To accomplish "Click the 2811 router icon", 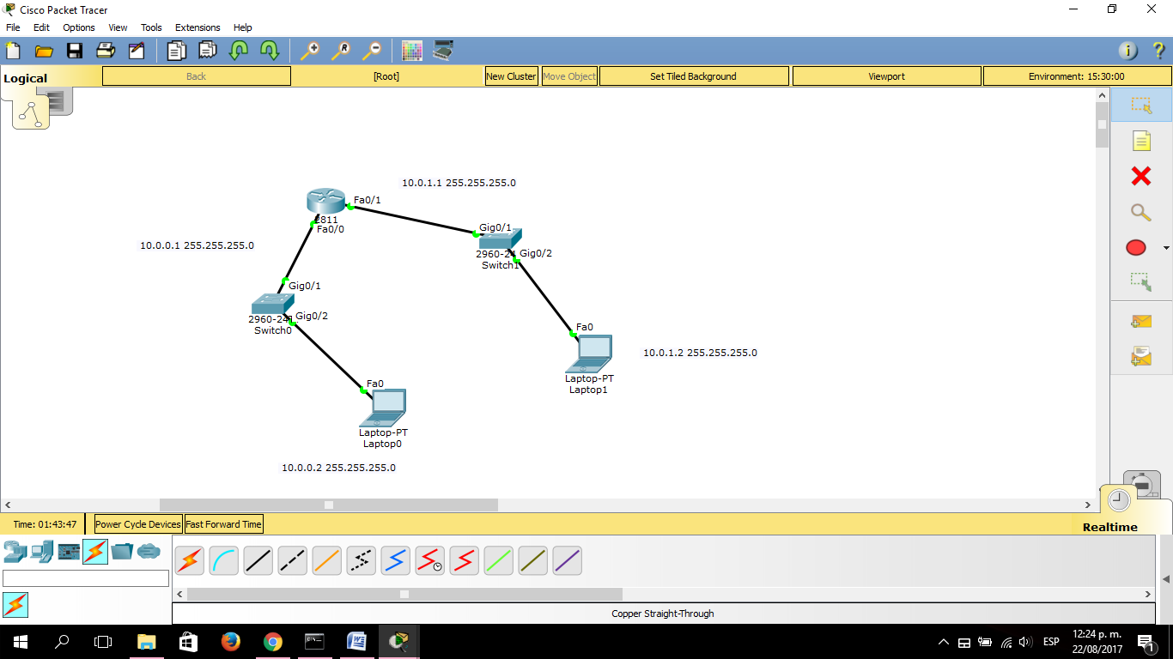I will tap(325, 202).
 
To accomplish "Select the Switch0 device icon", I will tap(272, 304).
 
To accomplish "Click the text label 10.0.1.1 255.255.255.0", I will tap(459, 183).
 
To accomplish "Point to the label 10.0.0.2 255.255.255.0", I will tap(338, 468).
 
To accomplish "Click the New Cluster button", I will tap(511, 76).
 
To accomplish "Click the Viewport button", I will tap(886, 76).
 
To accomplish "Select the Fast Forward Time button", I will tap(223, 524).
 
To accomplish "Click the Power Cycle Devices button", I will tap(138, 524).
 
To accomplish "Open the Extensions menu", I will tap(198, 27).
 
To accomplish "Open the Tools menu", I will tap(151, 27).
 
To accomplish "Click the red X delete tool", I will tap(1140, 176).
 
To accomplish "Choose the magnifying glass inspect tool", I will tap(1140, 213).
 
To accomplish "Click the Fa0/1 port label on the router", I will tap(367, 200).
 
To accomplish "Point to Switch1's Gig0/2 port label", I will tap(536, 253).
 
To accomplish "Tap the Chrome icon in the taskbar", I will tap(272, 641).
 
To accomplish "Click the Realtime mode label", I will tap(1109, 527).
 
